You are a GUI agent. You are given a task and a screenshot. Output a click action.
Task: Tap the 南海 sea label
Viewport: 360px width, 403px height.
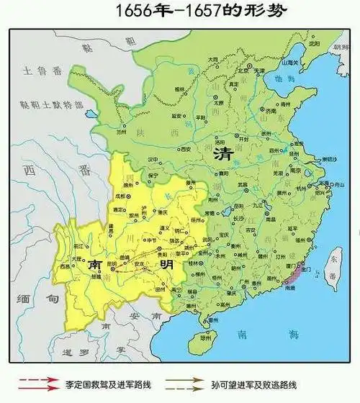point(252,334)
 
